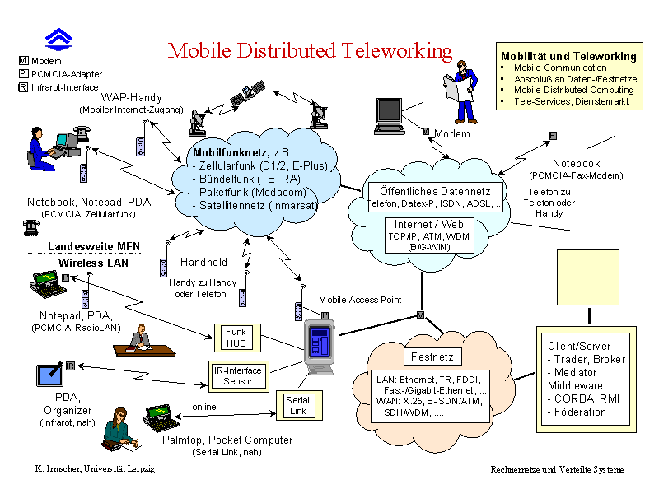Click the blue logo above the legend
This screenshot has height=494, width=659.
click(58, 40)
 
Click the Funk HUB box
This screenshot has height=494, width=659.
click(237, 338)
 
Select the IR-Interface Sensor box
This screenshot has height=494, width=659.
click(239, 376)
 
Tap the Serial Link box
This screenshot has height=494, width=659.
click(299, 405)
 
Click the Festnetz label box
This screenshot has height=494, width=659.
click(432, 357)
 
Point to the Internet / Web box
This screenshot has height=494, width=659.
click(429, 235)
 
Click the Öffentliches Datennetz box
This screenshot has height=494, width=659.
click(435, 197)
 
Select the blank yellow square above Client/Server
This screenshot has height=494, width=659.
click(588, 277)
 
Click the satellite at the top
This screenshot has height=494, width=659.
click(248, 92)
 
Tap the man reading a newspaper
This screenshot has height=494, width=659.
click(461, 92)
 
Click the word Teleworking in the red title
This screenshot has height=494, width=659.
click(396, 51)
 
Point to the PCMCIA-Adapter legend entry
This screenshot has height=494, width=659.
click(60, 74)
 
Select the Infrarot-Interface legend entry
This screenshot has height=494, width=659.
click(58, 87)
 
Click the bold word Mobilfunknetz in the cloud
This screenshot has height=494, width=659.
click(231, 152)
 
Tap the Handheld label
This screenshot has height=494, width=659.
click(203, 262)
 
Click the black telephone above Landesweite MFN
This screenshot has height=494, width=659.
click(30, 227)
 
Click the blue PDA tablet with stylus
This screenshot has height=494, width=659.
click(50, 375)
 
